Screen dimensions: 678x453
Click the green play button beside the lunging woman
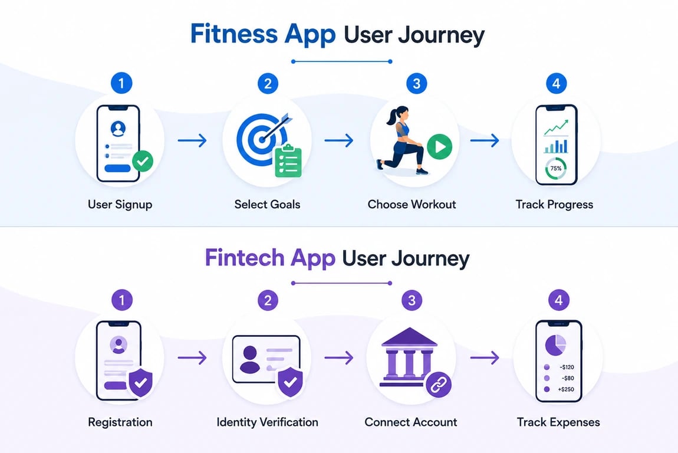click(439, 147)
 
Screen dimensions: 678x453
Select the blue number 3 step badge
click(416, 84)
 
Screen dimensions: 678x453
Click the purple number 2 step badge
click(268, 300)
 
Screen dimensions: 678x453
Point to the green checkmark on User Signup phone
click(142, 162)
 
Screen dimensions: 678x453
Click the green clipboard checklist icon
click(288, 161)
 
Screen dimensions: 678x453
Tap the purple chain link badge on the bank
click(439, 385)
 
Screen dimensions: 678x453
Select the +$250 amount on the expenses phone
click(566, 389)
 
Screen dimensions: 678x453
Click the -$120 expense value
click(567, 367)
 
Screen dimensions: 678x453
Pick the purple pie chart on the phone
click(555, 344)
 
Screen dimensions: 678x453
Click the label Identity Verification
click(267, 422)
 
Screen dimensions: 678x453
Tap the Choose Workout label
click(412, 204)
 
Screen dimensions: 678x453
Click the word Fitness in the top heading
click(234, 34)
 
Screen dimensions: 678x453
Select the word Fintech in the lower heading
click(244, 258)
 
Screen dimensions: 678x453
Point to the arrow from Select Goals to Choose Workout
click(339, 140)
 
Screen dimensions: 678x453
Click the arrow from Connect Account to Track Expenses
click(485, 357)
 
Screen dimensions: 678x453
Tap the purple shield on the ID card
click(290, 382)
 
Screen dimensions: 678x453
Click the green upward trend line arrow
click(556, 127)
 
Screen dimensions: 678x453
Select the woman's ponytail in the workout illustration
click(392, 116)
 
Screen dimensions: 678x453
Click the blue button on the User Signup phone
click(117, 168)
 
